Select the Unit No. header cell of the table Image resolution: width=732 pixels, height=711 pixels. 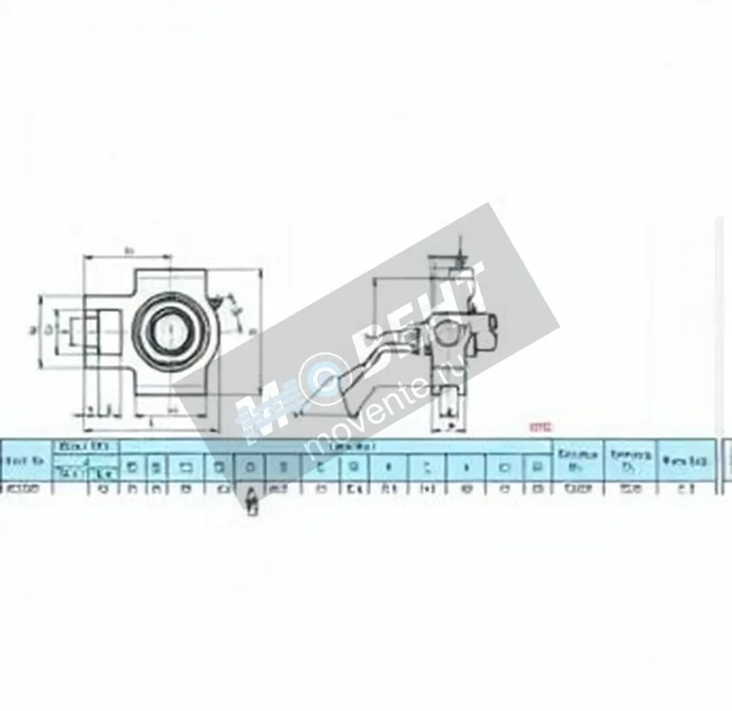(24, 461)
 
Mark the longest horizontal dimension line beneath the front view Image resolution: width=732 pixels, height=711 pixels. (149, 425)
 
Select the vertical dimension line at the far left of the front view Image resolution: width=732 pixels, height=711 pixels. (40, 330)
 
